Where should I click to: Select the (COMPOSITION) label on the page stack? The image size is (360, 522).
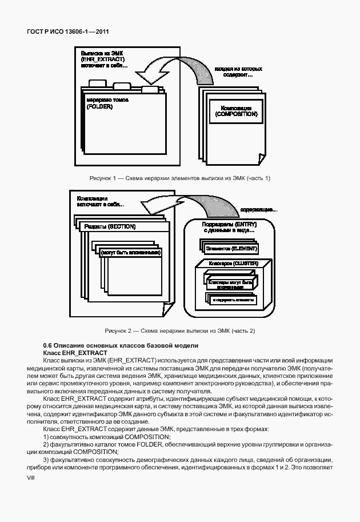coord(237,114)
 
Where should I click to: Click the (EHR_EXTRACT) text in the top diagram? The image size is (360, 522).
coord(103,59)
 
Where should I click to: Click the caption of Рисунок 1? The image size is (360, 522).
coord(180,178)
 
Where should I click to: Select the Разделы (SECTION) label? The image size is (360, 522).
coord(110,226)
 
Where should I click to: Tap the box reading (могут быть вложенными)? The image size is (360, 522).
coord(130,252)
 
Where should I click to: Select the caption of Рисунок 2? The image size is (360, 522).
coord(180,331)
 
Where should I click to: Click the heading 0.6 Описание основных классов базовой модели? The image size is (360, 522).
coord(121,345)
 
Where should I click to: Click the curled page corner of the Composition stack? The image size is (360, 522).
coord(259,157)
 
